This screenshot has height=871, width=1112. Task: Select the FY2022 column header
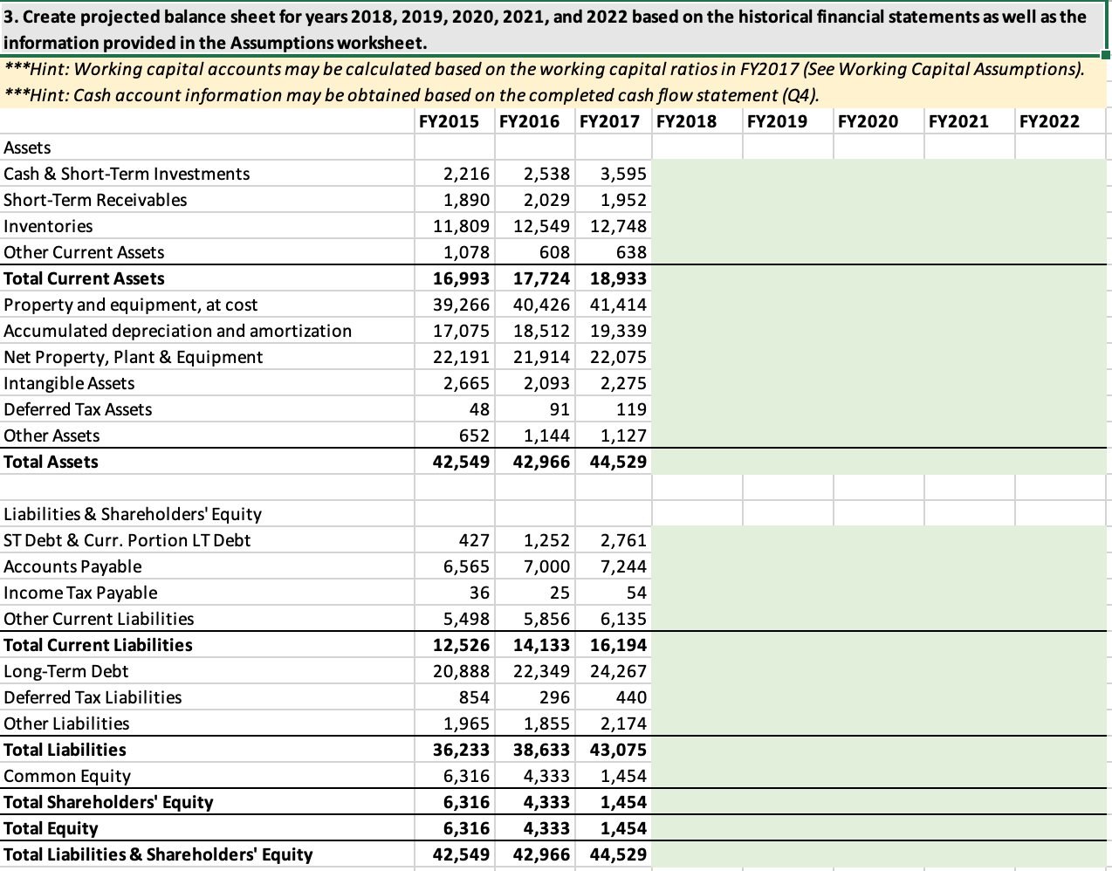click(1048, 121)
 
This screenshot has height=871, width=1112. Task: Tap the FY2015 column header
click(449, 121)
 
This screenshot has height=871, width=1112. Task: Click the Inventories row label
click(48, 226)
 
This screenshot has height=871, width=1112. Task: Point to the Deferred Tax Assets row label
click(78, 409)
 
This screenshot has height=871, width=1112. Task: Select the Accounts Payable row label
click(72, 566)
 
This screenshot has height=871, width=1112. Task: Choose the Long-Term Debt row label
click(66, 671)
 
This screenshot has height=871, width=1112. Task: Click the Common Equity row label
click(67, 776)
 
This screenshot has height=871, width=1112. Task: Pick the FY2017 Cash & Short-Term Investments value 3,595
click(623, 174)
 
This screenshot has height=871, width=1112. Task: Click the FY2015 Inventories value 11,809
click(462, 226)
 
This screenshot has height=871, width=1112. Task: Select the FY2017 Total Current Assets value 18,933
click(618, 278)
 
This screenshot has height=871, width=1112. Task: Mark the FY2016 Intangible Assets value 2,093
click(546, 383)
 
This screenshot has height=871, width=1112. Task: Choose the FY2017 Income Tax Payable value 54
click(636, 593)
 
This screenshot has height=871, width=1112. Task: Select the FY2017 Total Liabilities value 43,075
click(618, 750)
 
